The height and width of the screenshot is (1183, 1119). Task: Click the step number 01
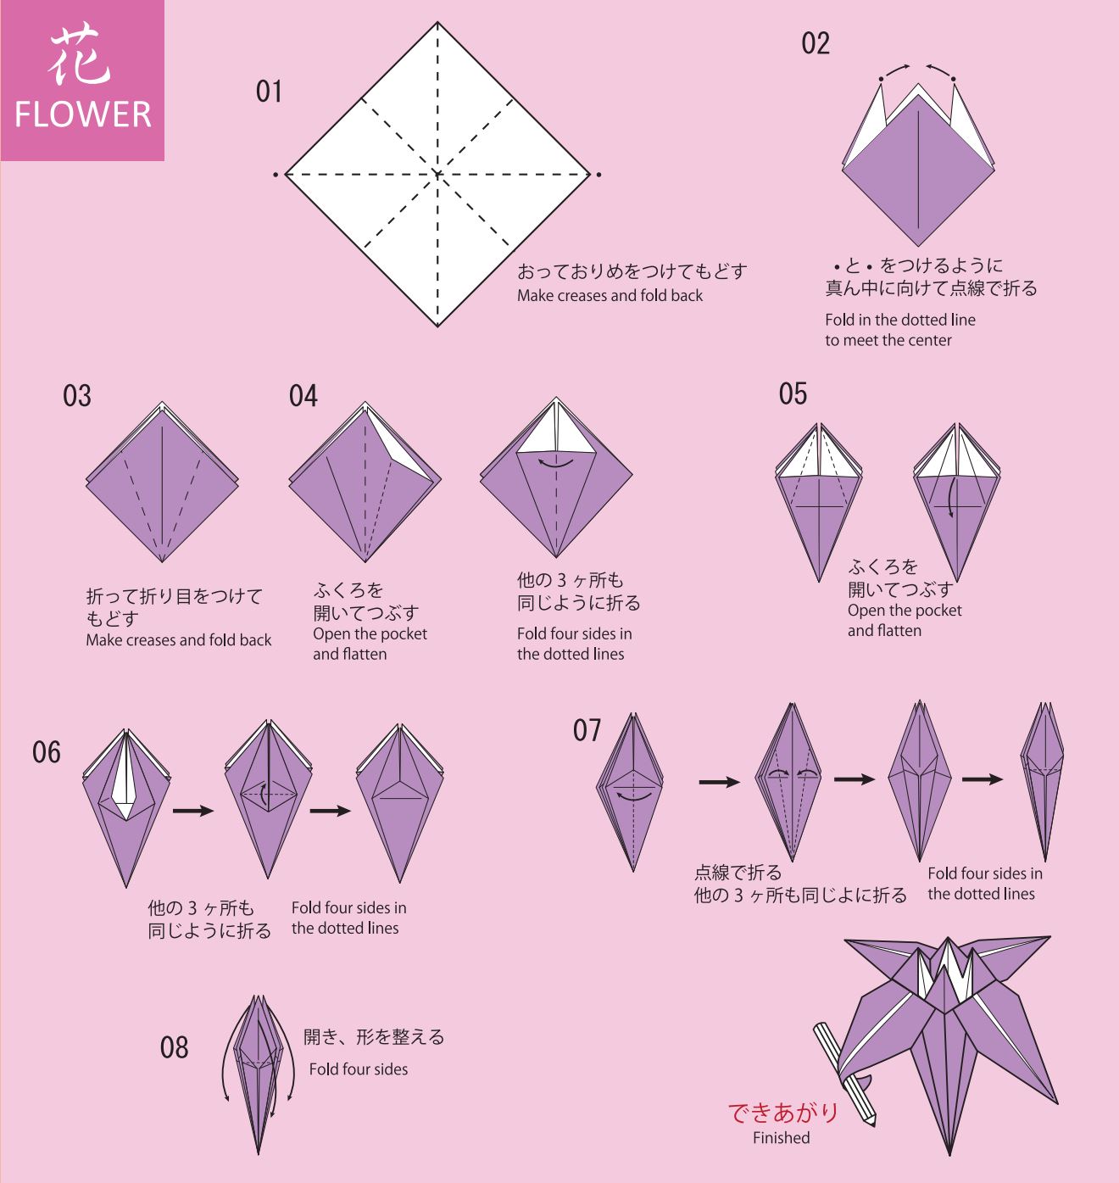click(x=269, y=92)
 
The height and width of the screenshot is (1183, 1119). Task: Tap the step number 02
click(x=816, y=43)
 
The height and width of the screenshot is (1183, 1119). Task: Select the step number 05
click(x=793, y=394)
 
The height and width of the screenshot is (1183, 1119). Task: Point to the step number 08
click(x=174, y=1047)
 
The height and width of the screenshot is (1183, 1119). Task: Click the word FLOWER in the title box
click(x=82, y=114)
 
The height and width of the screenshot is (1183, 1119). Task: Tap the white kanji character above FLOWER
click(x=80, y=54)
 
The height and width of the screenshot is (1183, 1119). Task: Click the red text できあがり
click(x=782, y=1113)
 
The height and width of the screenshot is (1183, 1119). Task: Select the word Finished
click(x=781, y=1138)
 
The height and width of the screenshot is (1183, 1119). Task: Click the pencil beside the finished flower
click(x=844, y=1074)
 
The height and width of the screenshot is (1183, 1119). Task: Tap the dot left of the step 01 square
click(x=276, y=175)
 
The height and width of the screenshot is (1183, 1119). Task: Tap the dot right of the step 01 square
click(x=599, y=175)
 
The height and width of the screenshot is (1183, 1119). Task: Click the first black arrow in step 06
click(x=193, y=811)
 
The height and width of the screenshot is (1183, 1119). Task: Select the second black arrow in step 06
click(x=331, y=811)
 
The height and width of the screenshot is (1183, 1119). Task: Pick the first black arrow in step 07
click(x=720, y=782)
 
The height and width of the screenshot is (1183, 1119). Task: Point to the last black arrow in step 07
click(x=983, y=779)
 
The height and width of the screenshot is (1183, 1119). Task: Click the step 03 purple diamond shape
click(x=162, y=483)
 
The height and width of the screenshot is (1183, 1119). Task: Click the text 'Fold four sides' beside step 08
click(x=359, y=1069)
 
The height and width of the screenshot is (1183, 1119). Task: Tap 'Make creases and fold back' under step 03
click(x=179, y=639)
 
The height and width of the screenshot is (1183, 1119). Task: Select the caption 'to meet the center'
click(x=888, y=340)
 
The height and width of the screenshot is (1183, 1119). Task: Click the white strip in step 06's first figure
click(x=125, y=776)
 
